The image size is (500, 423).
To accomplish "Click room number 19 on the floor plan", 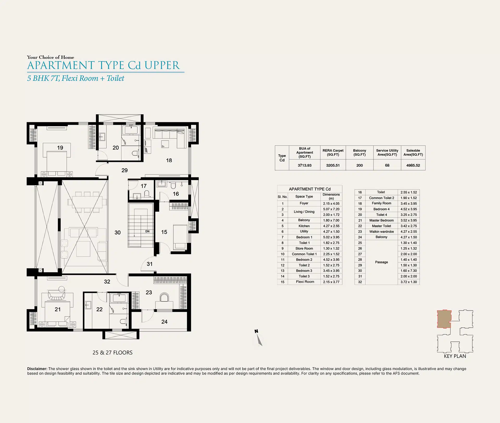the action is click(x=60, y=148).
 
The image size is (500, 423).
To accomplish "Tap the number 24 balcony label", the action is click(x=164, y=322).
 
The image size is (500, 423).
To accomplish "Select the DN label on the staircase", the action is click(x=147, y=231).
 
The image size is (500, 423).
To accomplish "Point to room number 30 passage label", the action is click(x=117, y=232).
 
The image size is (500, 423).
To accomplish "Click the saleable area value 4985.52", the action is click(x=413, y=165).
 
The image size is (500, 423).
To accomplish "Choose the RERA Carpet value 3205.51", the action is click(x=333, y=165).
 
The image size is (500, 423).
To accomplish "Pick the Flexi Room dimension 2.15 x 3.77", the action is click(x=331, y=282).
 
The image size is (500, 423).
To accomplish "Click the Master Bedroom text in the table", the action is click(x=382, y=220).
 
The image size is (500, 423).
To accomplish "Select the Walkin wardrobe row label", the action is click(x=382, y=232).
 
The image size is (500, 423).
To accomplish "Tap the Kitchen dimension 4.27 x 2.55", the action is click(x=331, y=226).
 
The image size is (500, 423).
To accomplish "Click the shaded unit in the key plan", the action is click(x=444, y=319).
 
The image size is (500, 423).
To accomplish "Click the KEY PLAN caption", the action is click(x=455, y=356).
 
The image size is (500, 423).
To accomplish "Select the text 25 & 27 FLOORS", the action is click(x=113, y=353).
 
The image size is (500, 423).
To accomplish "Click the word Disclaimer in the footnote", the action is click(x=37, y=369).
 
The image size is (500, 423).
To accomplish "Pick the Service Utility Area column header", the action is click(x=387, y=153).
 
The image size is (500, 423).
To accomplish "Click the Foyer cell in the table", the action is click(x=304, y=203).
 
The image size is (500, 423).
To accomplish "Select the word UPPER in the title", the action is click(x=162, y=65).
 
